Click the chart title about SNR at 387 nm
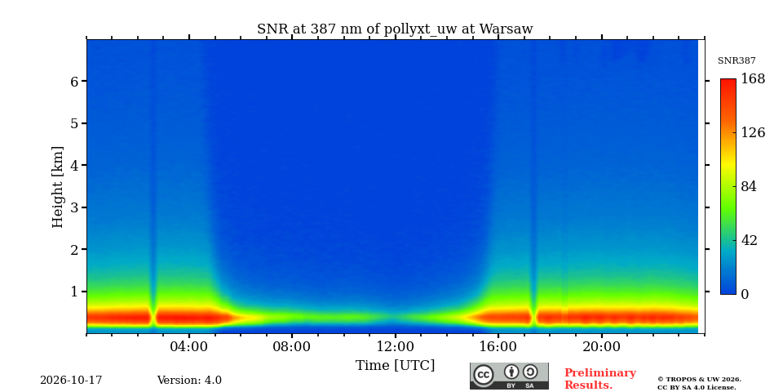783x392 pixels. [395, 29]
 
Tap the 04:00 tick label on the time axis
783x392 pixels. [189, 347]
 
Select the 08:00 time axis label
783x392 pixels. [292, 347]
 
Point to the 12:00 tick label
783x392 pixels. [396, 347]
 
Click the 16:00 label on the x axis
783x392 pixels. [498, 347]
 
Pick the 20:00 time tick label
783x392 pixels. [602, 347]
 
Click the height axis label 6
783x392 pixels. [74, 82]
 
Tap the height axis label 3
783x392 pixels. [74, 207]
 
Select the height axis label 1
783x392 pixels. [74, 292]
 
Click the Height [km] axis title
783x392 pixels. [58, 187]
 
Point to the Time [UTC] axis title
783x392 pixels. [395, 366]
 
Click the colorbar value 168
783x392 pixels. [753, 79]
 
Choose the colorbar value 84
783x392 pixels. [749, 186]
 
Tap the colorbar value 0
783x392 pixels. [745, 295]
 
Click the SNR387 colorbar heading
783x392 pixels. [737, 60]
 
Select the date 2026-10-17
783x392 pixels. [71, 381]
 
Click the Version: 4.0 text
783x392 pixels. [189, 381]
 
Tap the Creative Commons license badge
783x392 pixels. [509, 376]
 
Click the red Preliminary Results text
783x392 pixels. [599, 379]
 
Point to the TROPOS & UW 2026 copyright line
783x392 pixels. [699, 380]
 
